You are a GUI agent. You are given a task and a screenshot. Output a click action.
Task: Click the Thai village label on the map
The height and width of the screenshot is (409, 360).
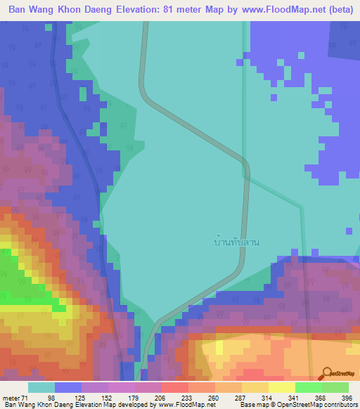[x=237, y=242]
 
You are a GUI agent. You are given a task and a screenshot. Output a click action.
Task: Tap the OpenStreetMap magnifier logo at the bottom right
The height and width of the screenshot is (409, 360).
[x=328, y=374]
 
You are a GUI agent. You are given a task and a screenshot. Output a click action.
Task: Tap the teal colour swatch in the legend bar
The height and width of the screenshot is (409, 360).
[x=41, y=388]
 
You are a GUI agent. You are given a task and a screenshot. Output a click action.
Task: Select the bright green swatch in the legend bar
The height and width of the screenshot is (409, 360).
[x=309, y=388]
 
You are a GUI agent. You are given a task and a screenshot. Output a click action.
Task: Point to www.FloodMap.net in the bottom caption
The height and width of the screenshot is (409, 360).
[x=188, y=404]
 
